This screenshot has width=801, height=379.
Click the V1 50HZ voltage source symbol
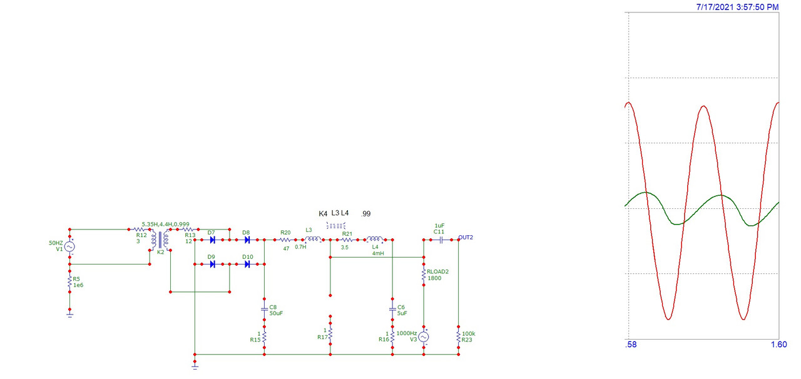point(69,246)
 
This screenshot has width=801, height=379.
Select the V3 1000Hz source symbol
point(424,337)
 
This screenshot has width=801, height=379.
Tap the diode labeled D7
point(212,240)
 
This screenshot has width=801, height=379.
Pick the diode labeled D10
point(247,264)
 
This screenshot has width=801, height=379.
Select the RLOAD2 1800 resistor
point(424,275)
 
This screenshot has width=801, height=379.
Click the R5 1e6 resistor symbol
point(69,281)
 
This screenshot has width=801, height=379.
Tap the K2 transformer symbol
point(160,240)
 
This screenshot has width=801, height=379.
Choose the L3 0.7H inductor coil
point(313,238)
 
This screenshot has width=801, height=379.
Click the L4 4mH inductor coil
point(375,238)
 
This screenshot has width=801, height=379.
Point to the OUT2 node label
point(466,238)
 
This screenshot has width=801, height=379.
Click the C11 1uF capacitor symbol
point(441,240)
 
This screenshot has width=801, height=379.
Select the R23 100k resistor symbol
point(459,337)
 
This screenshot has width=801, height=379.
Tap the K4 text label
point(323,214)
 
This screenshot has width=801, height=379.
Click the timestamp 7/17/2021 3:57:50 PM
point(737,7)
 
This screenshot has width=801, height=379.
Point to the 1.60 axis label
point(779,345)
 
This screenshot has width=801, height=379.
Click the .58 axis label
point(631,345)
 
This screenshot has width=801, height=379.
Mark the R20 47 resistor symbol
point(285,240)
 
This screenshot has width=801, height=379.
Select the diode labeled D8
point(247,240)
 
